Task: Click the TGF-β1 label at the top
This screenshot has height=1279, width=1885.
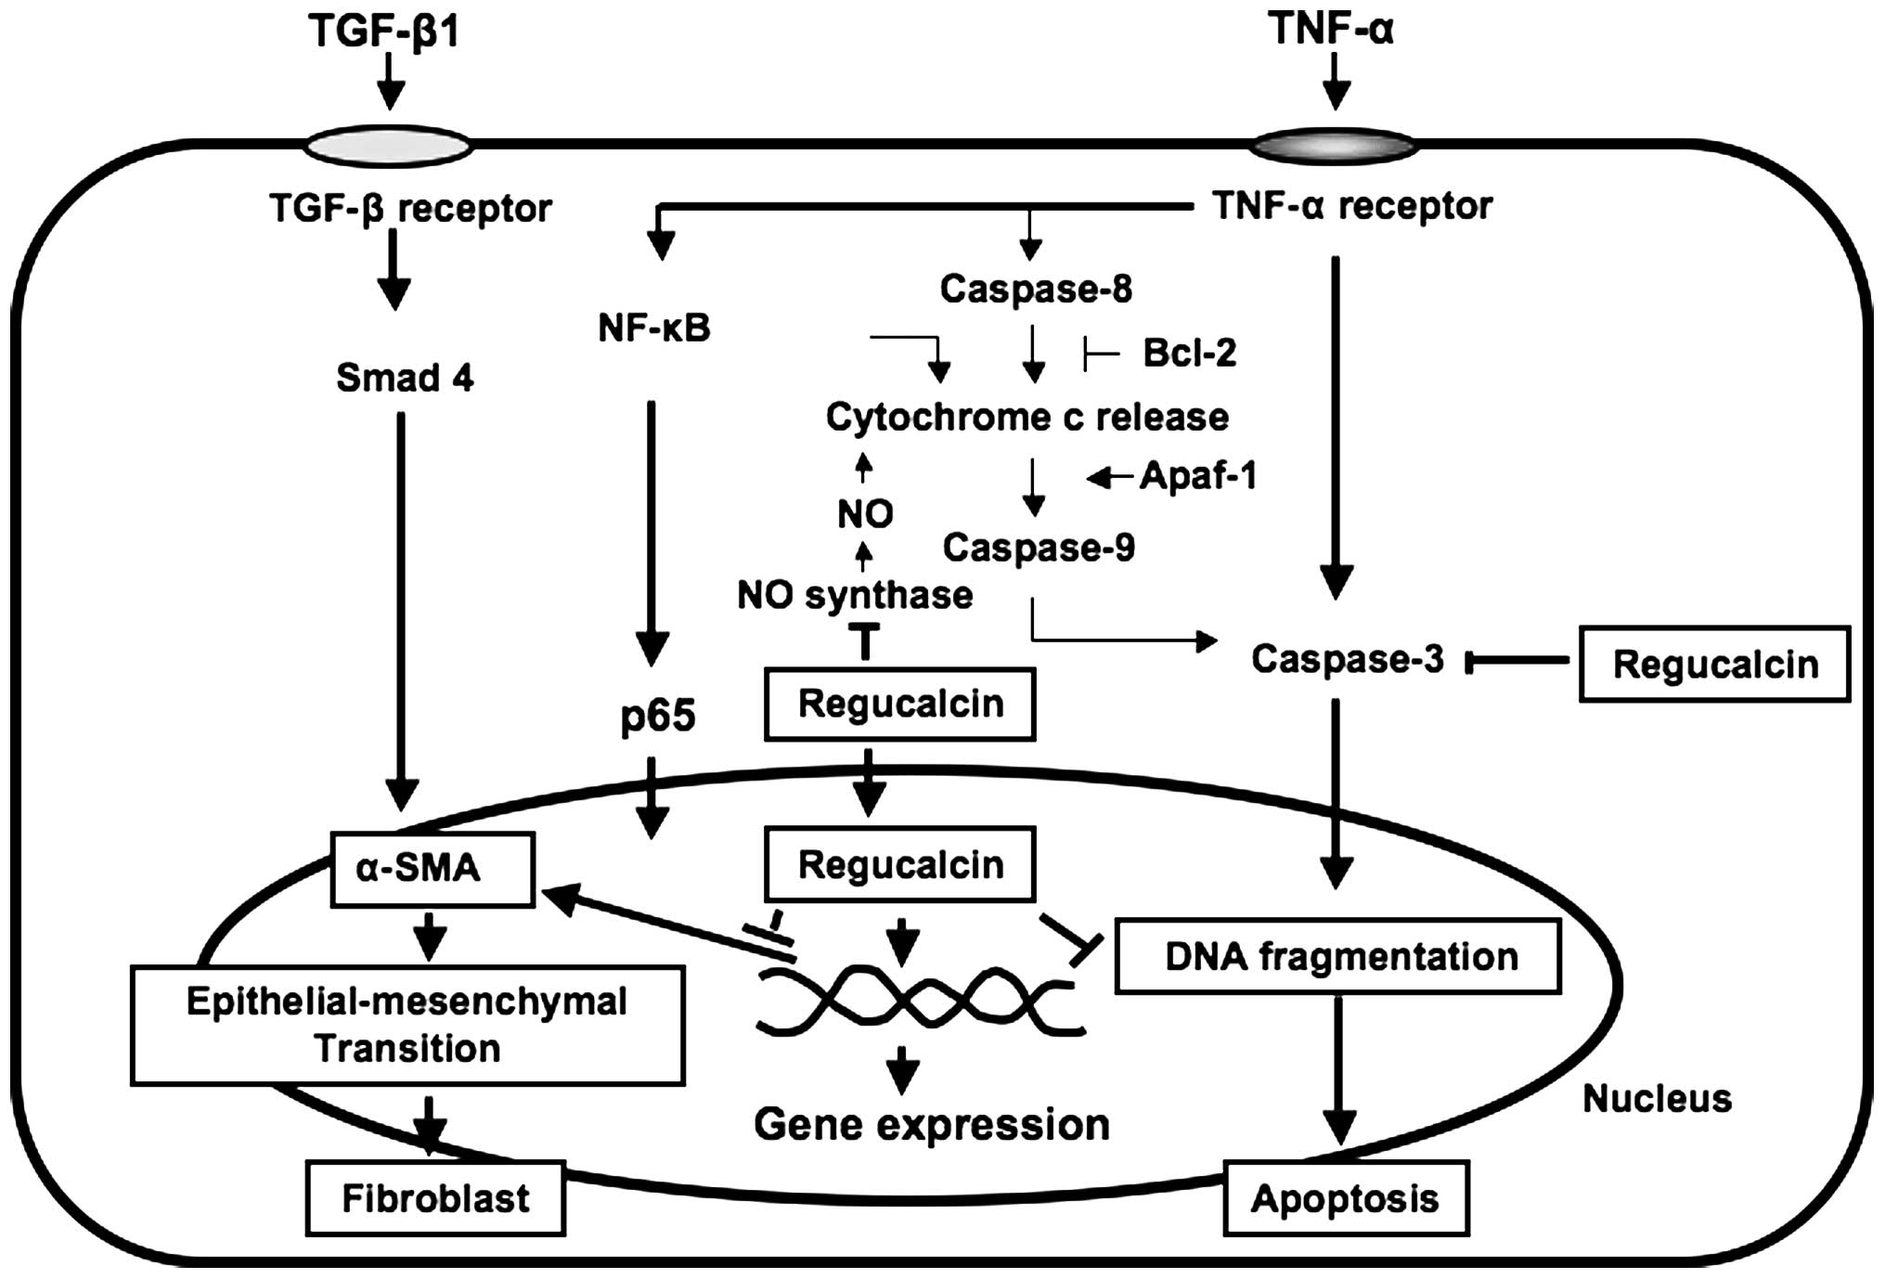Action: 384,31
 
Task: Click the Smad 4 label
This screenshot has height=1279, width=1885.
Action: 405,378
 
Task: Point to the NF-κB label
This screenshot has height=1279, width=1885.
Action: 654,328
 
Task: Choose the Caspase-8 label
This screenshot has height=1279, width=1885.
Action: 1036,289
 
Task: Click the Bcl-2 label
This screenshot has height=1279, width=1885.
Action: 1189,353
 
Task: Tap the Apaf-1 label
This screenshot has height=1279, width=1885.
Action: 1198,475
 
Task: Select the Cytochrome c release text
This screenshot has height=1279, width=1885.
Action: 1027,417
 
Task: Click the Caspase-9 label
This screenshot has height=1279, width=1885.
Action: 1039,547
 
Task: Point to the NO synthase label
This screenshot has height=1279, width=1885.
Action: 855,595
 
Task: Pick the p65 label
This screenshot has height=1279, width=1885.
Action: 658,717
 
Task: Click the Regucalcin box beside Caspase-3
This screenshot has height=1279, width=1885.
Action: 1715,664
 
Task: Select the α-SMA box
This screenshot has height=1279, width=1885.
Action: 433,869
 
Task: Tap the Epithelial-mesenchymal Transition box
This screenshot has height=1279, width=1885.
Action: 407,1025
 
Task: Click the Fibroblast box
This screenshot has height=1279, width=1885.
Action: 435,1197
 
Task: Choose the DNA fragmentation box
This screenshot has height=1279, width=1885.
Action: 1337,956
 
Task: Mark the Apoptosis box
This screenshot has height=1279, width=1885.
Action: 1346,1197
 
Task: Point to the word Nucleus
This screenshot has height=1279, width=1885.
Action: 1657,1099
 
